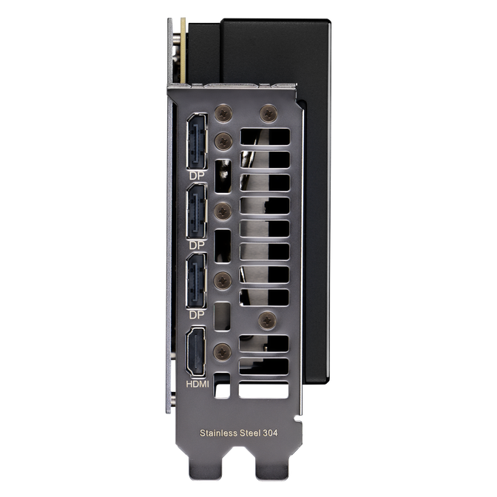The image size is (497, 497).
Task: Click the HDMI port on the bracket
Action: click(195, 352)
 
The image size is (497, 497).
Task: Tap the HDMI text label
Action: click(197, 385)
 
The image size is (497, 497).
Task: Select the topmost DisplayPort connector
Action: click(197, 141)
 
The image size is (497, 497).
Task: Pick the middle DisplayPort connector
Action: click(197, 211)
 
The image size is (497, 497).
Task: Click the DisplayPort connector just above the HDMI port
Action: click(197, 280)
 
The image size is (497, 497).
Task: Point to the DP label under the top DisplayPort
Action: click(197, 175)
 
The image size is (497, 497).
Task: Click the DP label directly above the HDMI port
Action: click(197, 315)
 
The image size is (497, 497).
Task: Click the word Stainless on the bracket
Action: click(218, 433)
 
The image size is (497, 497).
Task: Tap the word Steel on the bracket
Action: click(250, 433)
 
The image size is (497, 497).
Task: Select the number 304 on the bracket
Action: click(271, 433)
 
